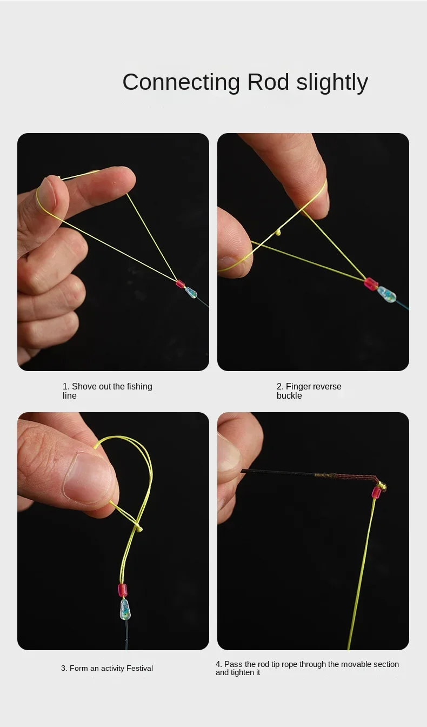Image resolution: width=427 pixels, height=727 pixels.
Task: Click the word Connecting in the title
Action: [181, 82]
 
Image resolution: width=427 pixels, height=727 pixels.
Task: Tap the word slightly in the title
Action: [332, 82]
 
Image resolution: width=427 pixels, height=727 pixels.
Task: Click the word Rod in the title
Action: [268, 82]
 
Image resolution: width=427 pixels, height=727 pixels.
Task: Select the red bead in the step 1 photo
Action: [181, 284]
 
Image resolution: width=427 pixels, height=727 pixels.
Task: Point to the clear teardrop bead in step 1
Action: [190, 293]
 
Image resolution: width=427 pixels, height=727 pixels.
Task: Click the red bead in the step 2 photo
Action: [371, 284]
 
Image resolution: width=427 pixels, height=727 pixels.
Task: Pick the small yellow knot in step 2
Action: [278, 233]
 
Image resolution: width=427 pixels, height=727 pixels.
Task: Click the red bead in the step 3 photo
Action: [123, 590]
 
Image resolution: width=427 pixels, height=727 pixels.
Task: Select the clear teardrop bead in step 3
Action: [125, 609]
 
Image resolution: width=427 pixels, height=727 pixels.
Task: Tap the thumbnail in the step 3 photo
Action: [86, 477]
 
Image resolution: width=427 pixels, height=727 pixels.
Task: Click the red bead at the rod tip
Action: [376, 492]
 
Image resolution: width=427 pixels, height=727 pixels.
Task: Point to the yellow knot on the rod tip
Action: [382, 485]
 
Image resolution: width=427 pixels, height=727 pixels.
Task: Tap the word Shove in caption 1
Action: [84, 386]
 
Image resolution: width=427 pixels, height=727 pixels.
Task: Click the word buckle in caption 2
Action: [289, 395]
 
